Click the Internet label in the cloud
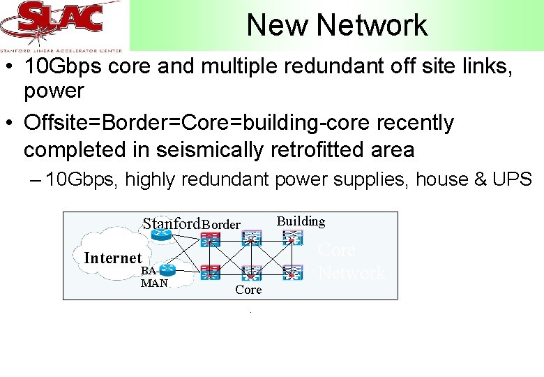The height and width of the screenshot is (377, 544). pyautogui.click(x=112, y=258)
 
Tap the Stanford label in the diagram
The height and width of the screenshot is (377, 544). pyautogui.click(x=172, y=223)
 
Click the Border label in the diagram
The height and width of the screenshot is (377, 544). pyautogui.click(x=221, y=225)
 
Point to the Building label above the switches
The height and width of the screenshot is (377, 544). pyautogui.click(x=301, y=221)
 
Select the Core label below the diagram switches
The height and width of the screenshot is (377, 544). pyautogui.click(x=248, y=290)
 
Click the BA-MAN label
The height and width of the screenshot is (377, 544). pyautogui.click(x=153, y=277)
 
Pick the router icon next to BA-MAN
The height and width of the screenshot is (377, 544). pyautogui.click(x=165, y=269)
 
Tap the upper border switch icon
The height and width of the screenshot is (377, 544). pyautogui.click(x=210, y=239)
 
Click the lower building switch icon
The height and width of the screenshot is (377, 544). pyautogui.click(x=293, y=272)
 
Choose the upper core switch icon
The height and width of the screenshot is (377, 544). pyautogui.click(x=252, y=239)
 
